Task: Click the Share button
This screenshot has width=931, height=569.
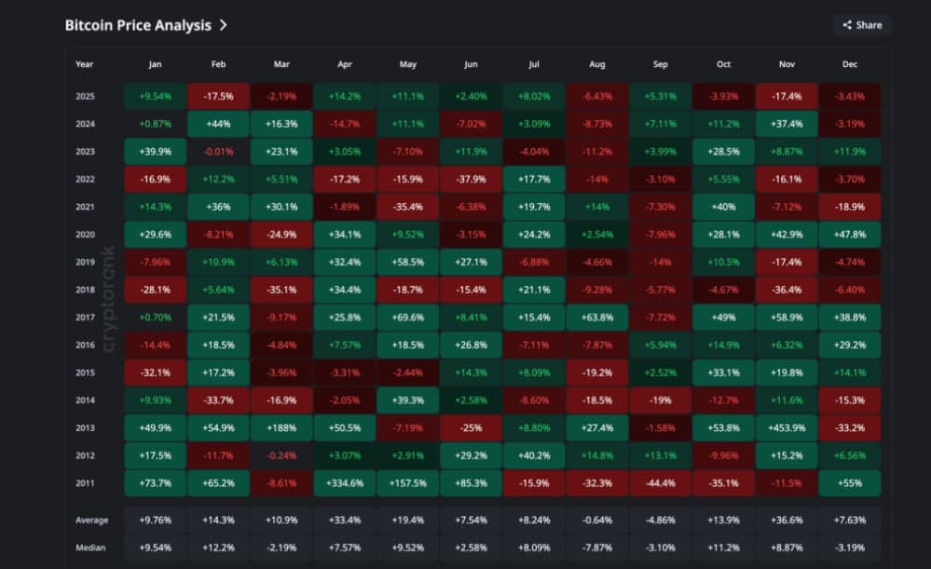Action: point(862,25)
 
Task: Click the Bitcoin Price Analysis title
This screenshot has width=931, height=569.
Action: point(138,25)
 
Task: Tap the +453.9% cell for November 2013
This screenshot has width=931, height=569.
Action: point(786,428)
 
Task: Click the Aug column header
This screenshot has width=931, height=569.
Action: point(596,64)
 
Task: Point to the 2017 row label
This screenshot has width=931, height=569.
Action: point(85,318)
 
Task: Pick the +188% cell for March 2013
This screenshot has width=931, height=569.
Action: point(281,428)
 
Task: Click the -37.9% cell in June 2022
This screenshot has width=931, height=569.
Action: point(471,180)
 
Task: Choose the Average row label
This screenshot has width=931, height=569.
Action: point(91,521)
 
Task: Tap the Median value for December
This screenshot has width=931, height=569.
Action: point(849,548)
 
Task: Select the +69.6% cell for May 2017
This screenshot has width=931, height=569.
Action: point(407,318)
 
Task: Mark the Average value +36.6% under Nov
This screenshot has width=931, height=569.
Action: point(786,521)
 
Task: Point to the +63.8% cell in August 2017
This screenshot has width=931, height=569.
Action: point(596,318)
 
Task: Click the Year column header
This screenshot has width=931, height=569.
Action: point(85,64)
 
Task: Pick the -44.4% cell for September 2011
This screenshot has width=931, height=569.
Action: point(660,483)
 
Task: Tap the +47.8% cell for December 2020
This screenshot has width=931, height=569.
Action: point(849,235)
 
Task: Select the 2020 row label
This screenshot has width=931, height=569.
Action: point(85,235)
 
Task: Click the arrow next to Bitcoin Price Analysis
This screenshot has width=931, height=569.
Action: point(224,25)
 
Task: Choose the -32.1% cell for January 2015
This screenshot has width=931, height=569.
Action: point(155,373)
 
